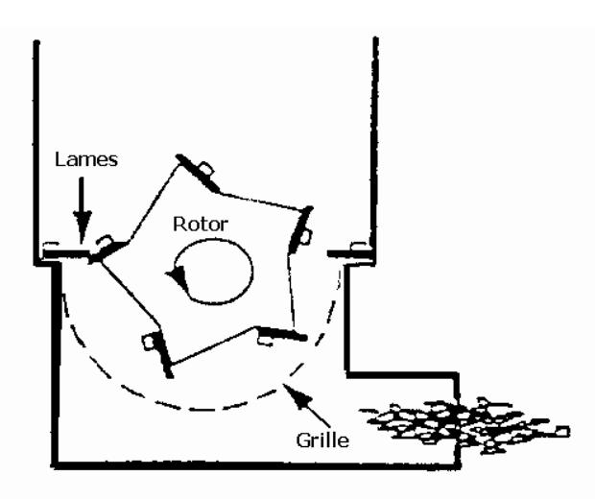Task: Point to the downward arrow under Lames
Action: click(x=82, y=216)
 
